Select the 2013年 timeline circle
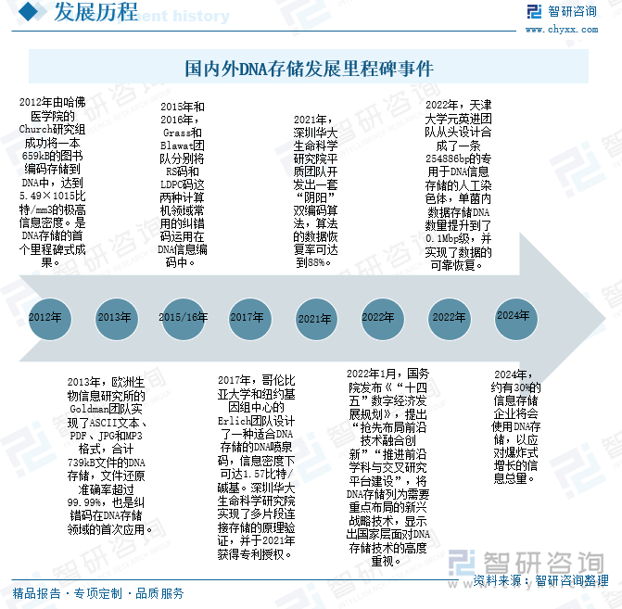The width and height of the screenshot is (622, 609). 114,317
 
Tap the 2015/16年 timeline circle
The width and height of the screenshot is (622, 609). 183,317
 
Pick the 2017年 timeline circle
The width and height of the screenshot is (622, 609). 248,317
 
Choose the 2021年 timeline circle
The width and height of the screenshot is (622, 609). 314,318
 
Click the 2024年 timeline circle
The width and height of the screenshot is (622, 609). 513,315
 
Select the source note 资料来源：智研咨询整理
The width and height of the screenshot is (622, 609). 541,581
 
